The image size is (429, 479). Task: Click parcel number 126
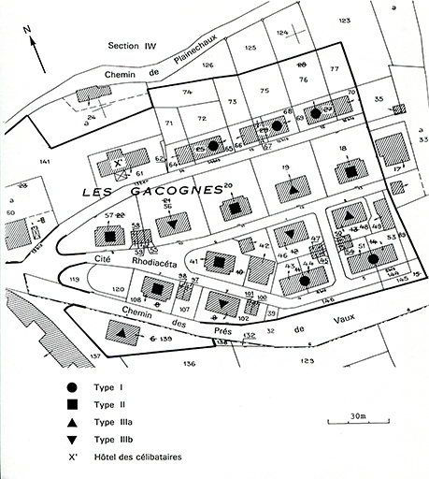click(208, 64)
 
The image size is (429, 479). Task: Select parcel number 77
click(334, 69)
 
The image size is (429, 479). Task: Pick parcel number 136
click(190, 362)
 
